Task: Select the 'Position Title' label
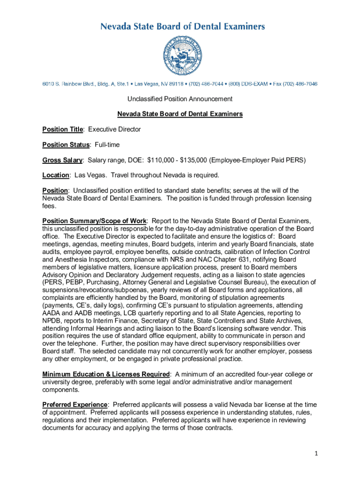(x=63, y=129)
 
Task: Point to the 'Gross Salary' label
(x=63, y=160)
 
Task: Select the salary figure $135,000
(x=191, y=160)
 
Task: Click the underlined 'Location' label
(x=56, y=175)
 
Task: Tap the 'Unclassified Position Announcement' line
(x=180, y=99)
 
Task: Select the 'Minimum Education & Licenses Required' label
(x=106, y=374)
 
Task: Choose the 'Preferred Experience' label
(x=75, y=405)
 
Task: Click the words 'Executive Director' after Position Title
(x=115, y=129)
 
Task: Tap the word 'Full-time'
(x=107, y=145)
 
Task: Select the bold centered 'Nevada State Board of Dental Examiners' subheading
(x=180, y=114)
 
